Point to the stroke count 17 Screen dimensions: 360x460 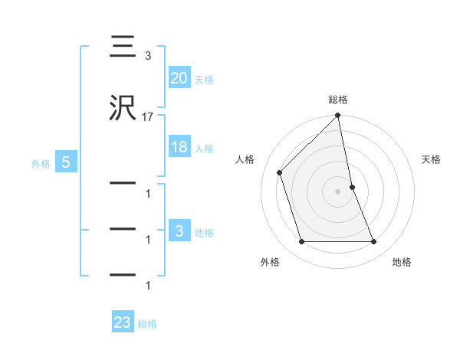point(147,117)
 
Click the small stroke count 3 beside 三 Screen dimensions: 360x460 point(147,56)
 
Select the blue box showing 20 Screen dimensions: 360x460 point(179,77)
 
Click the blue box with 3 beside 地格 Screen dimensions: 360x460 point(179,231)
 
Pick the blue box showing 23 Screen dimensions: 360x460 point(123,322)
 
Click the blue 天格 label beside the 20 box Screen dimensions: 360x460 point(204,80)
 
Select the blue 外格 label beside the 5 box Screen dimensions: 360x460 point(41,163)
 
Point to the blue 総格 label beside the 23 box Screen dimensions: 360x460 point(147,324)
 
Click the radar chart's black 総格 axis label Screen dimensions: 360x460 point(338,100)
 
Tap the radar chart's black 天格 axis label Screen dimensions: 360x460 point(432,159)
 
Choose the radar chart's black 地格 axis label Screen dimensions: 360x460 point(402,262)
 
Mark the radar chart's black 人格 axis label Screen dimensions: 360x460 point(245,159)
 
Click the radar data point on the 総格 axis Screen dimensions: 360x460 point(338,116)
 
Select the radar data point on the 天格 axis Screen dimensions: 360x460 point(352,187)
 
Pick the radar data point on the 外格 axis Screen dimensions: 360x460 point(301,242)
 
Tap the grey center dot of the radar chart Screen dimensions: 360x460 point(338,191)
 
